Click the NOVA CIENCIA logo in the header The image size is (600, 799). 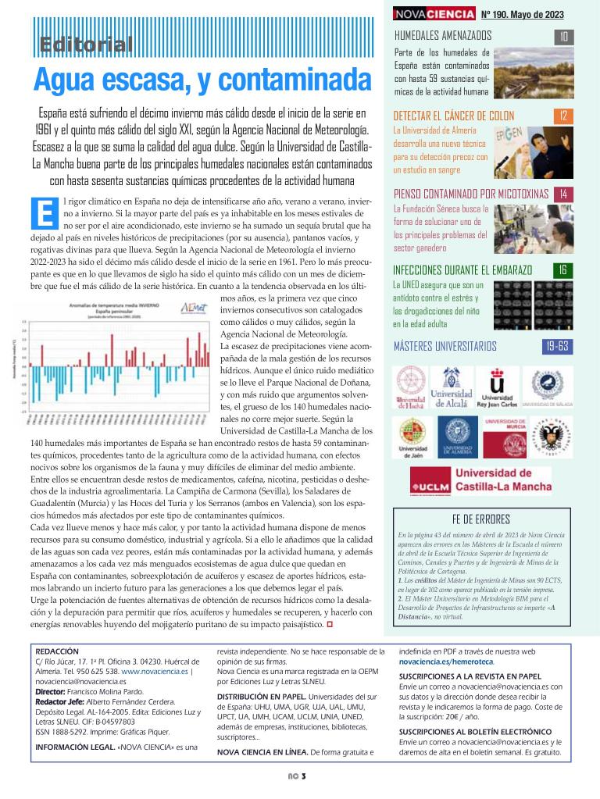(434, 14)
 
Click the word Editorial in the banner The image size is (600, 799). (87, 45)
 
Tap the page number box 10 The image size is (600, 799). (564, 36)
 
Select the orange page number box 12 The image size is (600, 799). (564, 116)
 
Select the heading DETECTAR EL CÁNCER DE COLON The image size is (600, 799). (454, 116)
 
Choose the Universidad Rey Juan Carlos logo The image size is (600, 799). (498, 388)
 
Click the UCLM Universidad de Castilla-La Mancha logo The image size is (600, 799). (480, 479)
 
